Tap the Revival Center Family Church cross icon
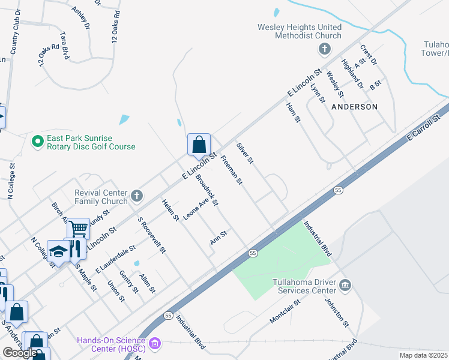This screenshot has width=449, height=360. coord(137,195)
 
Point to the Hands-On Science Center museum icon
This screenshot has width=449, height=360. coord(155,344)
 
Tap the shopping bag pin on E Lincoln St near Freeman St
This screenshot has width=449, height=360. coord(199,145)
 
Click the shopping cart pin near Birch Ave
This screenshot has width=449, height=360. coord(78,228)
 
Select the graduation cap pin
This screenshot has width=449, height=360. coord(58,251)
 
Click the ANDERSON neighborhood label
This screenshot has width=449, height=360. coord(354,106)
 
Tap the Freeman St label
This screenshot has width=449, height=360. coord(231,170)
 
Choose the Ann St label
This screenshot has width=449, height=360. coord(218,238)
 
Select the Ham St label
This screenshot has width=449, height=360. coord(293,112)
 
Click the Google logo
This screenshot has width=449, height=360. coord(20,353)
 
